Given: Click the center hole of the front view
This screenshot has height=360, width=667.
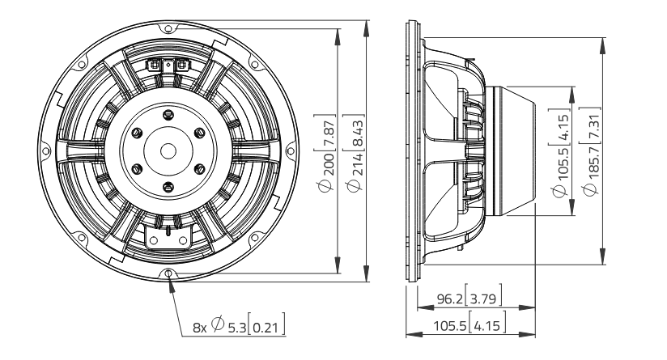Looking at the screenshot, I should point(168,150).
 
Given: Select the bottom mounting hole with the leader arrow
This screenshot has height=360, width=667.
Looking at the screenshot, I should point(168,273).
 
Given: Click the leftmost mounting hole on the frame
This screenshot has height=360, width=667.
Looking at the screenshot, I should point(45,151).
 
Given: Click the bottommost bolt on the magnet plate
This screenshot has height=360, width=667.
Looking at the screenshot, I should point(168,189).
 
